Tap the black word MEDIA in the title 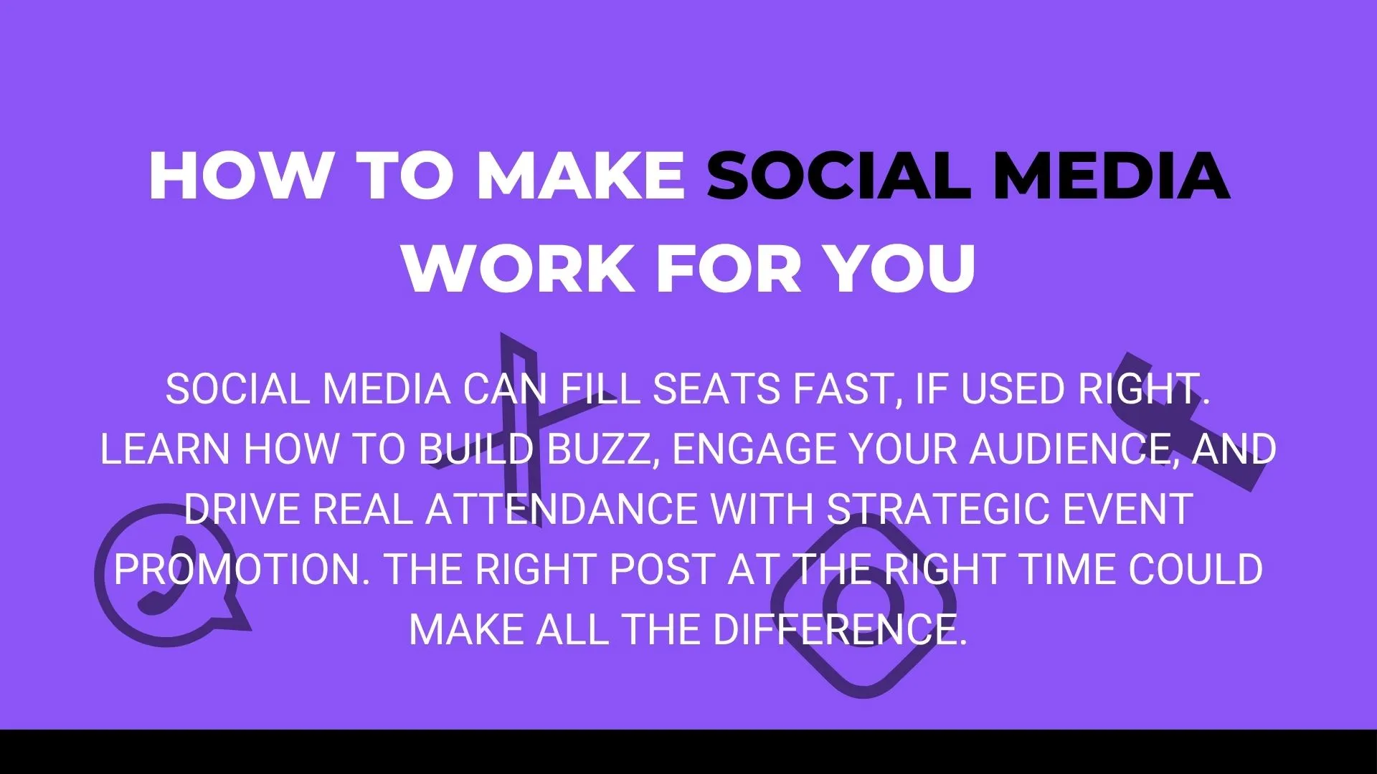pos(1112,176)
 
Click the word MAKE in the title pos(581,176)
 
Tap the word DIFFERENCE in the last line pos(839,630)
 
